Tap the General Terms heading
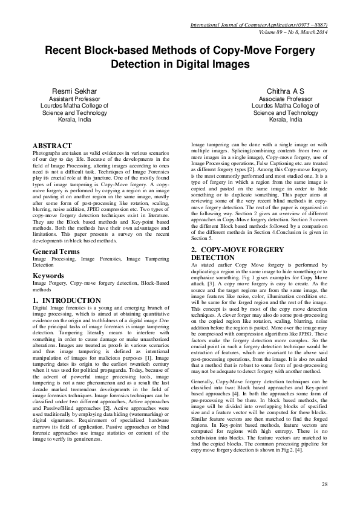click(x=57, y=250)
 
